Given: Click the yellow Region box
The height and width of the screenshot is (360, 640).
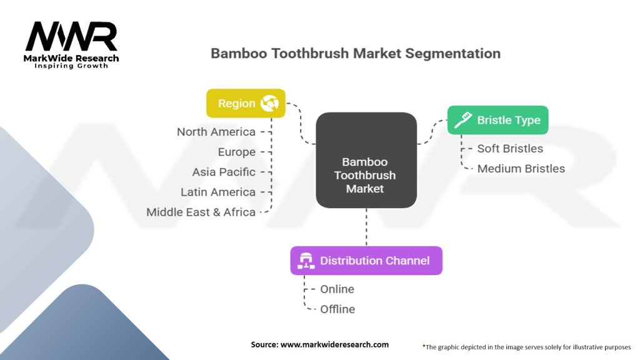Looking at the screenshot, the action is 246,103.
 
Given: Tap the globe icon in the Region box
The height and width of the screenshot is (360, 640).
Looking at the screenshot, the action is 269,103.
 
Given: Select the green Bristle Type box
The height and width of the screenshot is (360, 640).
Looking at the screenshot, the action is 497,120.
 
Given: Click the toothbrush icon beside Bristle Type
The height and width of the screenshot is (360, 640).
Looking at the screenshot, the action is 463,120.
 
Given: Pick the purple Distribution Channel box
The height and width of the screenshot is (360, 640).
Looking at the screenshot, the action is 366,261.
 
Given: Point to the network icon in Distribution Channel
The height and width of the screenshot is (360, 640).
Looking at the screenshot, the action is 306,261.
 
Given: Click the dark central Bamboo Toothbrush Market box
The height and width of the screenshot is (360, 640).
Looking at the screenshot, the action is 366,160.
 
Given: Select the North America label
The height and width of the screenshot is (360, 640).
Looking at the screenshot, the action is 216,132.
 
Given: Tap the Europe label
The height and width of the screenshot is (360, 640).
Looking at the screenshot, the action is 236,152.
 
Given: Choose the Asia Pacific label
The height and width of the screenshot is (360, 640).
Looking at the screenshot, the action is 224,172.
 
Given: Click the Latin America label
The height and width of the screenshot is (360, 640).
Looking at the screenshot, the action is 218,192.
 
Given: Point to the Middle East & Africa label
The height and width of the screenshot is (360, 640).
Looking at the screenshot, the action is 201,212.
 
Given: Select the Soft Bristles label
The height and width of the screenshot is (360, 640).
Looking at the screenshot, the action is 510,149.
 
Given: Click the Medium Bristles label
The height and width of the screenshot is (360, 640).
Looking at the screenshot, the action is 521,169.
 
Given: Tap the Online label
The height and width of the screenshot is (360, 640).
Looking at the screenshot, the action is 337,289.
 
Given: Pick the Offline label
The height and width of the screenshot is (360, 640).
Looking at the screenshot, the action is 337,309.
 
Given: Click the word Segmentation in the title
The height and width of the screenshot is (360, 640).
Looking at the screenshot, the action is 452,54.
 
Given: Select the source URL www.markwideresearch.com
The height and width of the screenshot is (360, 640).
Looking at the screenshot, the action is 334,344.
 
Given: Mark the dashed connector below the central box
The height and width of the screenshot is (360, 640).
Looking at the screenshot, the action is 366,227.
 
